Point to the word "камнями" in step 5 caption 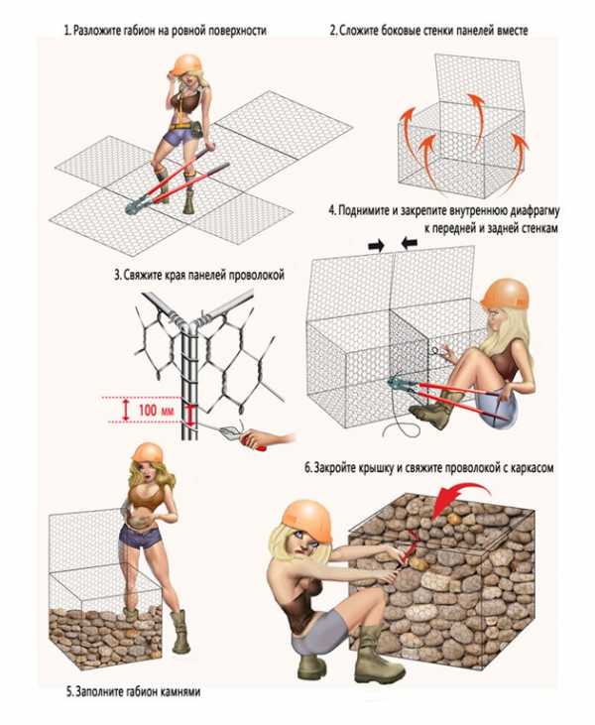point(180,691)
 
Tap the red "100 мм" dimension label point(156,410)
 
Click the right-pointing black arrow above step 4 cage point(376,245)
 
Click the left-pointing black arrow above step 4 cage point(410,244)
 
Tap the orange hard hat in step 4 point(506,294)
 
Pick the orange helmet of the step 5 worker point(148,452)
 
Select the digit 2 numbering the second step point(333,32)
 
